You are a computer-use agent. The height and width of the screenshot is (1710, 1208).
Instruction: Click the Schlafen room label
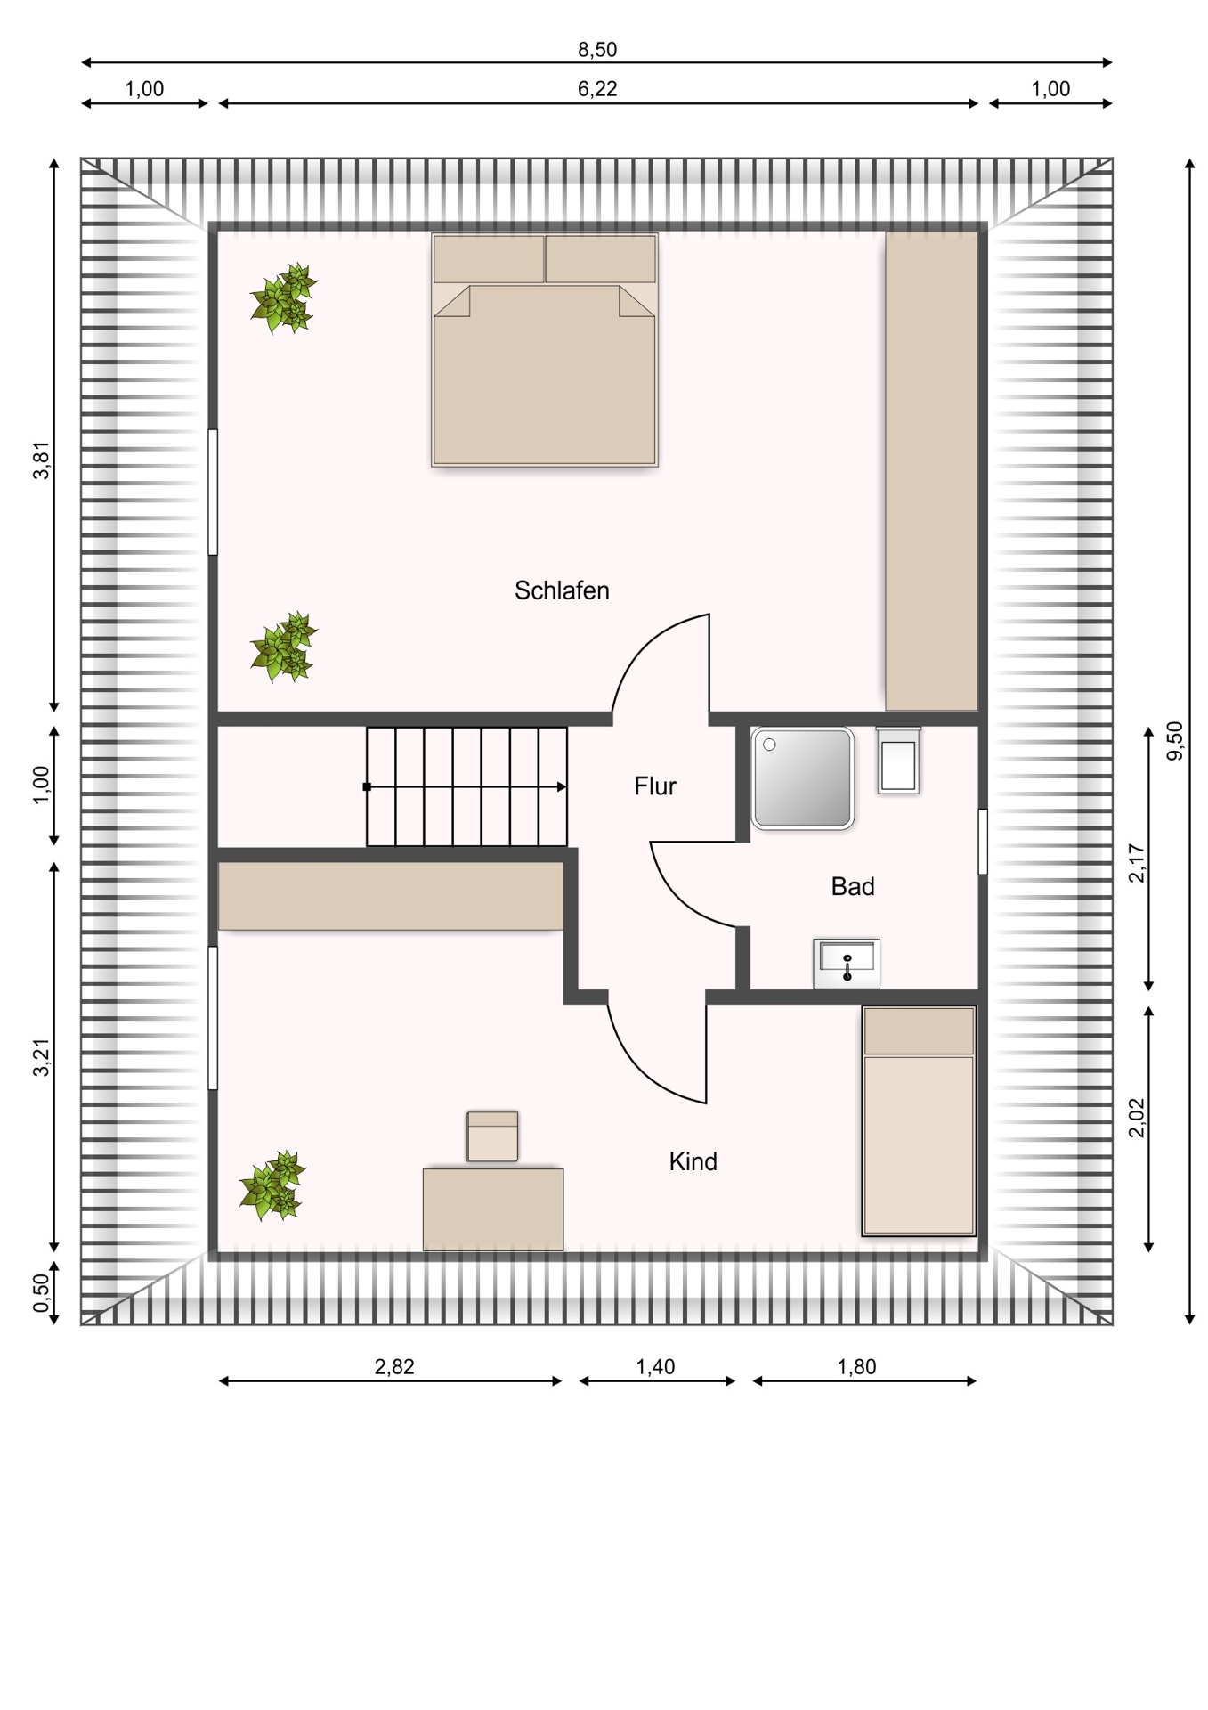pyautogui.click(x=562, y=590)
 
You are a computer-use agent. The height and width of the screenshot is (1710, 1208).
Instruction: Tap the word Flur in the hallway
pyautogui.click(x=655, y=786)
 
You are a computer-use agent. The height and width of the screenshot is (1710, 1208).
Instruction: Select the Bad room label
pyautogui.click(x=853, y=886)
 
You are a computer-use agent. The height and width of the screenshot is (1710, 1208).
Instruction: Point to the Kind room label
pyautogui.click(x=693, y=1161)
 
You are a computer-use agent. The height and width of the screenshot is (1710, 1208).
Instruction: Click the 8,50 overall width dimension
pyautogui.click(x=597, y=50)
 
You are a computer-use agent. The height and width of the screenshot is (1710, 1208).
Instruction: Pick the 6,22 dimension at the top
pyautogui.click(x=597, y=89)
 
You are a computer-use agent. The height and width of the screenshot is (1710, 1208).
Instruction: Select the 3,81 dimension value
pyautogui.click(x=42, y=461)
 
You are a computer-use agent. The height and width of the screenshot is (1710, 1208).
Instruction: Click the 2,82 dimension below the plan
pyautogui.click(x=394, y=1367)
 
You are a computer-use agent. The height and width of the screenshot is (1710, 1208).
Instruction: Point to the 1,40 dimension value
pyautogui.click(x=655, y=1367)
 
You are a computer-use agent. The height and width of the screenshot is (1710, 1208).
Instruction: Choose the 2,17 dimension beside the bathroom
pyautogui.click(x=1137, y=862)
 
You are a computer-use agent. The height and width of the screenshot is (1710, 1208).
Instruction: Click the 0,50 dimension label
pyautogui.click(x=42, y=1293)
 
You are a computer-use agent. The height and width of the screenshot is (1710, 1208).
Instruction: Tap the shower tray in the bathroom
pyautogui.click(x=803, y=778)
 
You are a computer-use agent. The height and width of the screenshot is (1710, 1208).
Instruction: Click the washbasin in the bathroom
pyautogui.click(x=847, y=963)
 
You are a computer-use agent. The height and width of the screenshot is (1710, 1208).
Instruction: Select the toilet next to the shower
pyautogui.click(x=898, y=760)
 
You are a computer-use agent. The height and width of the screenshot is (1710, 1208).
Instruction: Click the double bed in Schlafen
pyautogui.click(x=545, y=349)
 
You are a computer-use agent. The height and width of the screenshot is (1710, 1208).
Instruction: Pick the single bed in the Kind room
pyautogui.click(x=920, y=1120)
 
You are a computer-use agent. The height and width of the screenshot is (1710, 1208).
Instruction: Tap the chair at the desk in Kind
pyautogui.click(x=492, y=1136)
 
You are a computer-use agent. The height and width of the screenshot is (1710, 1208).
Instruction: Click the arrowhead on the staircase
pyautogui.click(x=561, y=787)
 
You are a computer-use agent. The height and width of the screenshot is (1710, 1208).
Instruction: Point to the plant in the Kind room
pyautogui.click(x=272, y=1185)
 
